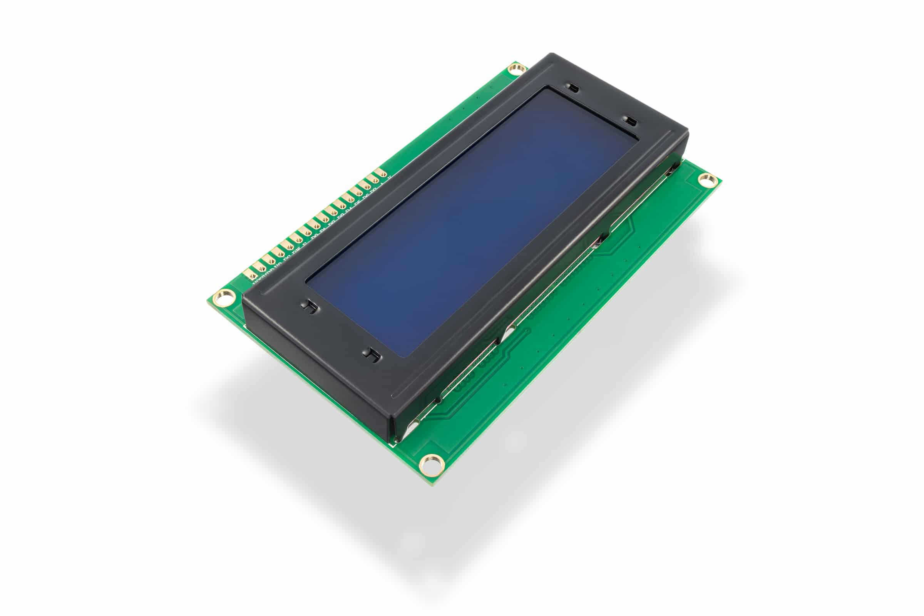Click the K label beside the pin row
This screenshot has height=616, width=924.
click(389, 178)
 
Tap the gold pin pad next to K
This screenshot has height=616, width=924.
click(381, 173)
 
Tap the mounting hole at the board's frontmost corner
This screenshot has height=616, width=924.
click(432, 464)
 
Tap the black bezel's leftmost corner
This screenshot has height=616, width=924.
click(243, 295)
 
